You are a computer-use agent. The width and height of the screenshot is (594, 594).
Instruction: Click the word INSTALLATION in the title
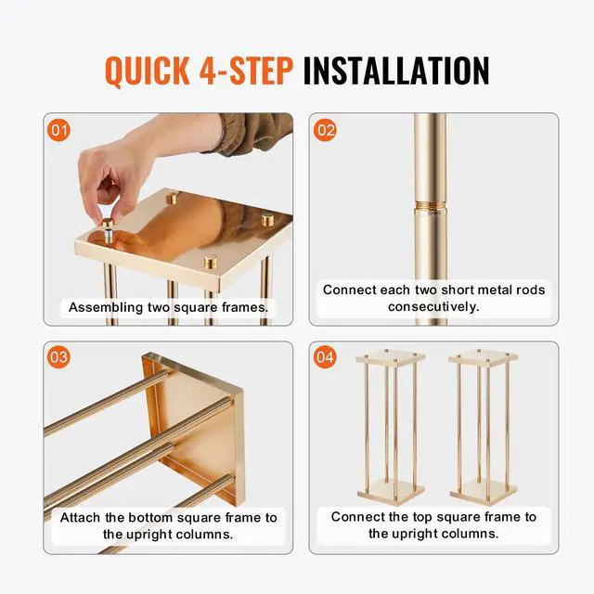pos(396,71)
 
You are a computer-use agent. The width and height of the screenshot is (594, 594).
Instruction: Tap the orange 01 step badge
pos(58,130)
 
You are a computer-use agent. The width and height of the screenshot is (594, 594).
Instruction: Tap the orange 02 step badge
pos(326,130)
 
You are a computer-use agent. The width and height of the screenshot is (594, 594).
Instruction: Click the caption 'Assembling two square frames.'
pos(168,307)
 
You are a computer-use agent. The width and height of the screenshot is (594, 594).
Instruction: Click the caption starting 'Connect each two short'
pos(433,298)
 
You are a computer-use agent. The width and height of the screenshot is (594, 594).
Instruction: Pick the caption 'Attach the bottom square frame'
pos(168,525)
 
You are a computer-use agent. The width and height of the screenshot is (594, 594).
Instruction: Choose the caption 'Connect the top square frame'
pos(433,525)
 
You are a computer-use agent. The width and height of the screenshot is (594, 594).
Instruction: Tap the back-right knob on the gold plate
pos(268,221)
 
